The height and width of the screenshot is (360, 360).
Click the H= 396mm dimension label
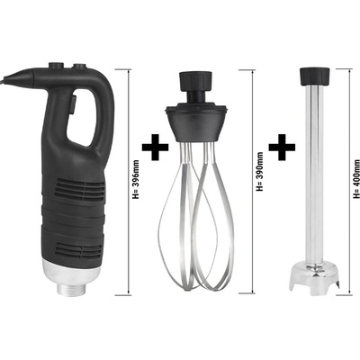point(136,179)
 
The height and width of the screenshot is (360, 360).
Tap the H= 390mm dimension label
point(260,172)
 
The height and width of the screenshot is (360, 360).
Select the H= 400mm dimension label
point(356,179)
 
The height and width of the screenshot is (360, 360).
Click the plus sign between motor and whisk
point(155,147)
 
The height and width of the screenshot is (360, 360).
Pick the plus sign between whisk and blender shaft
point(282,147)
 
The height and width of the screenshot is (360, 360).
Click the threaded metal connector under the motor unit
point(71,289)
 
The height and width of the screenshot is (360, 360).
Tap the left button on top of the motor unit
point(57,66)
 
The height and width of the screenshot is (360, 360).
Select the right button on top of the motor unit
point(80,67)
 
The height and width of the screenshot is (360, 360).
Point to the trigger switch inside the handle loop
point(73,103)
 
